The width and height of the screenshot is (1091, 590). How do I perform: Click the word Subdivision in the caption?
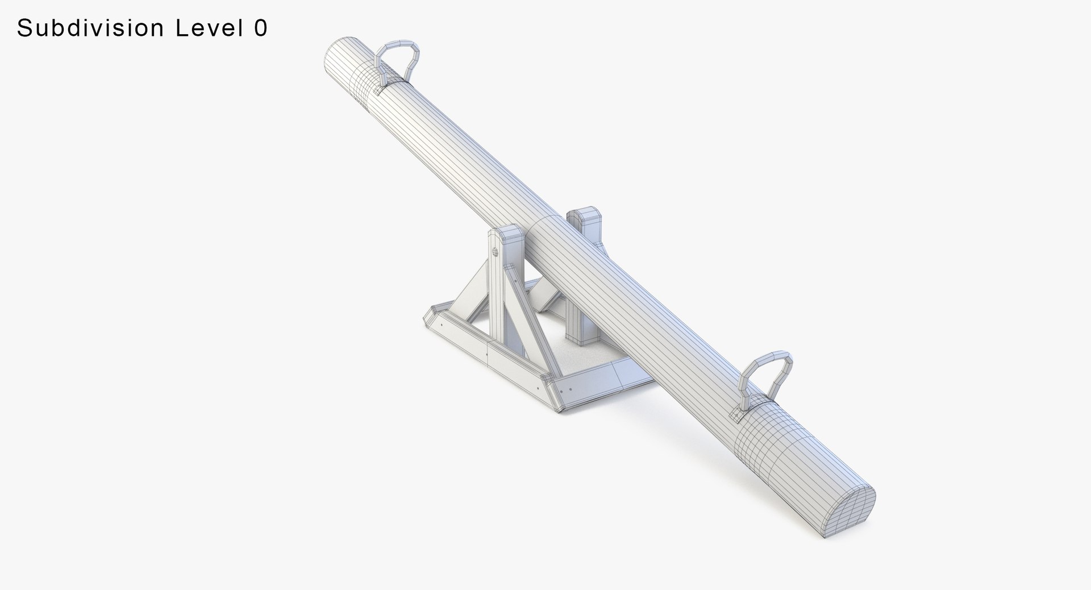[91, 27]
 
